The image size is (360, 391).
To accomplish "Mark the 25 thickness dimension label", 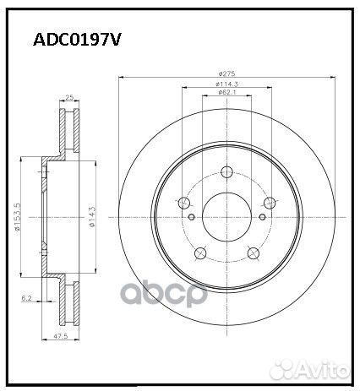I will click(x=68, y=99).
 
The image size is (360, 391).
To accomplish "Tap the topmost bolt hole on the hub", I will click(x=226, y=172).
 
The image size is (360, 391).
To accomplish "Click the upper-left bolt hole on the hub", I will click(x=184, y=203).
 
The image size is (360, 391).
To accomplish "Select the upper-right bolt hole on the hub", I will click(x=268, y=203).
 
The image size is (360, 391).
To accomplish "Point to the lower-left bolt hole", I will click(x=200, y=253).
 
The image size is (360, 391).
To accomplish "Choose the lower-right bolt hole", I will click(x=252, y=253).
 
